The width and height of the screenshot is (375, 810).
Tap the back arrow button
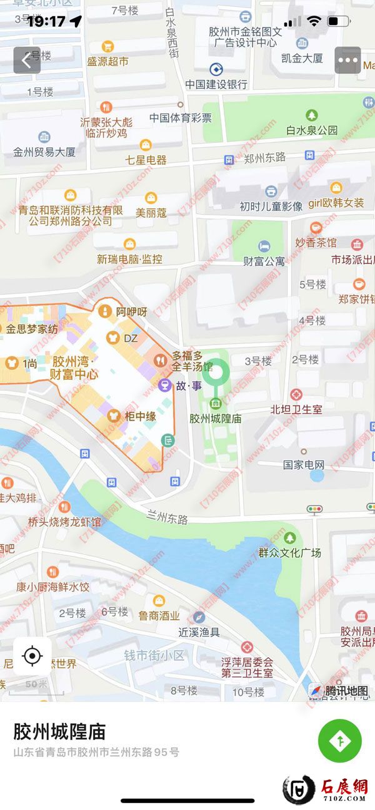pyautogui.click(x=27, y=61)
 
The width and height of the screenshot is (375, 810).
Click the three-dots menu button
pyautogui.click(x=347, y=61)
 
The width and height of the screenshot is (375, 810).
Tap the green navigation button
pyautogui.click(x=339, y=741)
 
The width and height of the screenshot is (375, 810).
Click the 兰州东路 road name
pyautogui.click(x=167, y=519)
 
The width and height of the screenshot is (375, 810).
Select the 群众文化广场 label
pyautogui.click(x=289, y=552)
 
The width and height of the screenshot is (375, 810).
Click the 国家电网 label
pyautogui.click(x=304, y=464)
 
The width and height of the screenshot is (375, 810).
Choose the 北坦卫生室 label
pyautogui.click(x=296, y=409)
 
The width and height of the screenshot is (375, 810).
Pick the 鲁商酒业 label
pyautogui.click(x=159, y=615)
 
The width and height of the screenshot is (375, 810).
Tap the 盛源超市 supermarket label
pyautogui.click(x=107, y=61)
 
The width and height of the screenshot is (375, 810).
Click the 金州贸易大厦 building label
pyautogui.click(x=44, y=152)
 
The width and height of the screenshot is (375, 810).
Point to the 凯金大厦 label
pyautogui.click(x=302, y=58)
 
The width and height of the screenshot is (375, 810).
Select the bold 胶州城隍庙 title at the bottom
pyautogui.click(x=59, y=731)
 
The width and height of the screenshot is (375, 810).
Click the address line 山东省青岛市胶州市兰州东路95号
pyautogui.click(x=96, y=752)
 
